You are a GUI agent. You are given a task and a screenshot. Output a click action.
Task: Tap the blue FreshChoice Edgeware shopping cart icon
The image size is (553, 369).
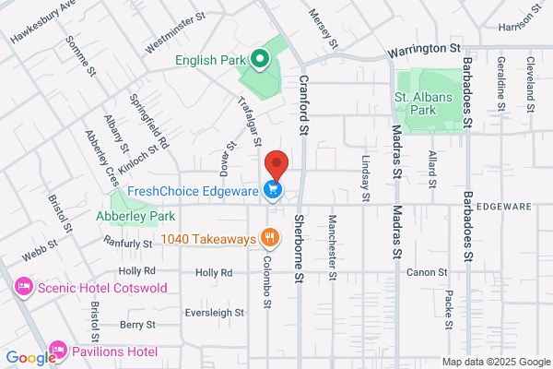click(273, 191)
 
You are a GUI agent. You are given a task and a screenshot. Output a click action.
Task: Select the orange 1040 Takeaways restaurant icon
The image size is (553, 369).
click(270, 238)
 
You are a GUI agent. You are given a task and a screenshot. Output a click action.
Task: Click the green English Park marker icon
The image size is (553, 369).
click(260, 61)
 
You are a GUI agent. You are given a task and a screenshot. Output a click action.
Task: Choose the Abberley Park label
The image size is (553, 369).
click(135, 216)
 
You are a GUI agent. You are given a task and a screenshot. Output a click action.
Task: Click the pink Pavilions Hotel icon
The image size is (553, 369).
click(58, 351)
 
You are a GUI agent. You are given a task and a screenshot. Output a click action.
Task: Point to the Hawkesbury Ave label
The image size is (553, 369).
click(41, 22)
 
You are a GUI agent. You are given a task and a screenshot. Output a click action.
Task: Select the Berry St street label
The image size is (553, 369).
click(137, 325)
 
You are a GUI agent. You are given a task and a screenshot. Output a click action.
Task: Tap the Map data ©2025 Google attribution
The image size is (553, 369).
click(494, 361)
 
